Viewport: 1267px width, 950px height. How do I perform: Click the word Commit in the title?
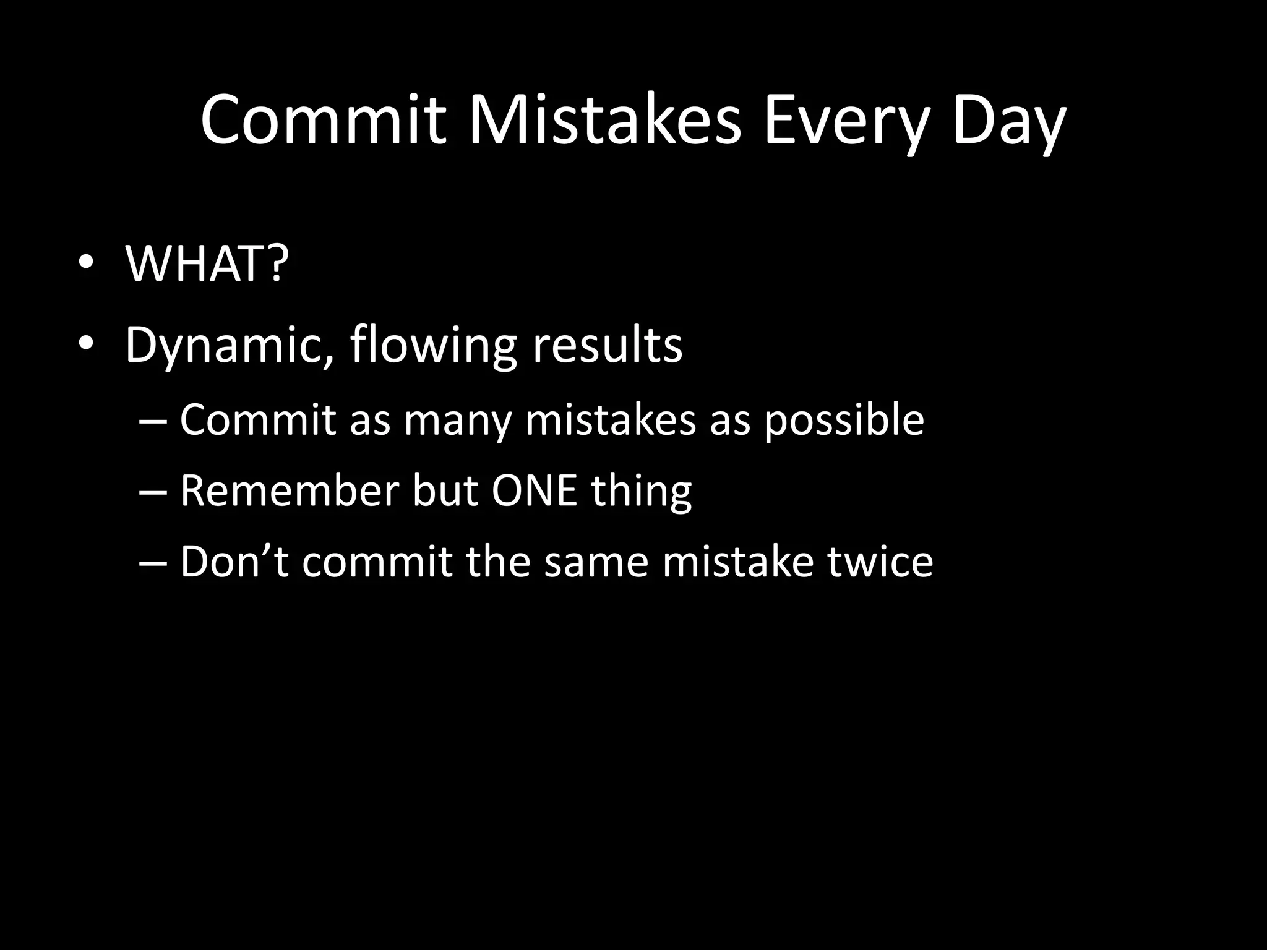[x=323, y=120]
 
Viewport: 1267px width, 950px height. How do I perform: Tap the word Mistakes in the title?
[x=603, y=120]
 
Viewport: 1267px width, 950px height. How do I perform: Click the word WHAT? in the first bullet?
[x=207, y=264]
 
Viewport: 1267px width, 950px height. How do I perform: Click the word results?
[x=607, y=344]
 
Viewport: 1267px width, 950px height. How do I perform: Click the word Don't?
[x=234, y=562]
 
